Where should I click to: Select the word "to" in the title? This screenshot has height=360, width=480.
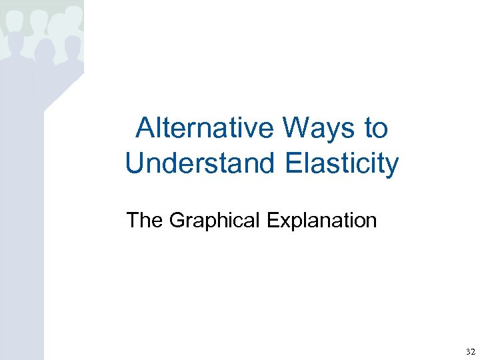pos(375,128)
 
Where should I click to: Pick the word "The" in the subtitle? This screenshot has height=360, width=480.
pos(144,219)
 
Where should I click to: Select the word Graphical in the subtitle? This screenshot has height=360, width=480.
pos(215,220)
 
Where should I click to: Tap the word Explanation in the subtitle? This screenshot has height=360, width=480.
pos(321,220)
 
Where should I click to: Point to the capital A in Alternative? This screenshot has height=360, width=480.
pos(144,128)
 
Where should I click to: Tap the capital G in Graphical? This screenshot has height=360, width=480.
pos(177,219)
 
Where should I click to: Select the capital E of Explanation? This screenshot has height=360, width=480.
pos(272,219)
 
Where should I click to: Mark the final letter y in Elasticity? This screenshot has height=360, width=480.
pos(392,165)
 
